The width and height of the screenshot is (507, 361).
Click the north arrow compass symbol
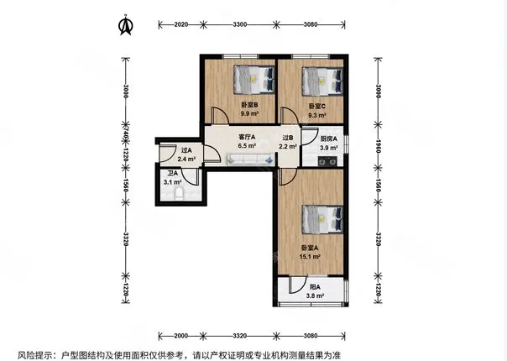coord(126,25)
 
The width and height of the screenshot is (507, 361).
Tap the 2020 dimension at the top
coord(180,24)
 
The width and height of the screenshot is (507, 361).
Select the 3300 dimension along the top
coord(239,24)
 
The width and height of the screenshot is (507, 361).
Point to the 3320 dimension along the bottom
coord(239,336)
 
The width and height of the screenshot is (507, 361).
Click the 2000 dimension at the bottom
coord(180,336)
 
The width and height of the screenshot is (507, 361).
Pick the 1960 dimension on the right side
coord(379,145)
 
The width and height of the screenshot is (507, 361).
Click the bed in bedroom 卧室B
coord(254,80)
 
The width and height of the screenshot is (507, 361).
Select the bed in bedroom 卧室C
coord(322,81)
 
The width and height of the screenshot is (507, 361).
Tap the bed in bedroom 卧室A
coord(322,219)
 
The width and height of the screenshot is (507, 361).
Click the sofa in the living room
coord(250,160)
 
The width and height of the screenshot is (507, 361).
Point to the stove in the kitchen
coord(327,161)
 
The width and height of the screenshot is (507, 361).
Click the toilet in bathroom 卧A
coord(179,194)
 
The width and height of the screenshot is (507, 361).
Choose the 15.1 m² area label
coord(310,257)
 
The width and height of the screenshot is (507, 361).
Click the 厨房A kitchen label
coord(329,139)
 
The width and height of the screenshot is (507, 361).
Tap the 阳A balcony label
coord(315,287)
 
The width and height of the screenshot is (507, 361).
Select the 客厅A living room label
coord(247,137)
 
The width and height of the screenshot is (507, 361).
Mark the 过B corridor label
coord(288,138)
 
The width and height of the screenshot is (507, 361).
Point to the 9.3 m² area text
coord(317,115)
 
